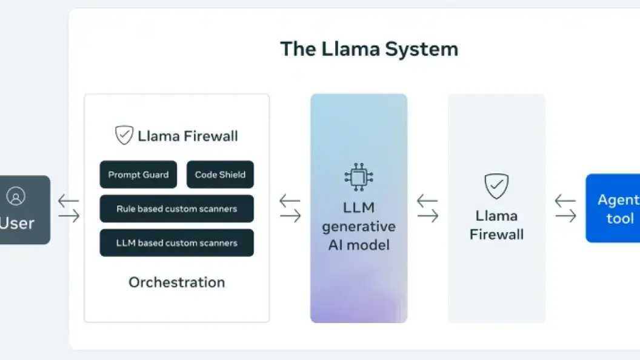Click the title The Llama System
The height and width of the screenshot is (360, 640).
(x=368, y=49)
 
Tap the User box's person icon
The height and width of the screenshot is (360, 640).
(x=16, y=196)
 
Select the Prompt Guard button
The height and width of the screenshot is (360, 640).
(x=138, y=175)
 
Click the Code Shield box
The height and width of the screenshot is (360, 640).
(x=220, y=175)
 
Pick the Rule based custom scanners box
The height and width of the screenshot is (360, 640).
(x=176, y=209)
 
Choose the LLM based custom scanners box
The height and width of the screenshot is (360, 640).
(x=176, y=243)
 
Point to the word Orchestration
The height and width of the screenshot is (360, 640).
(x=176, y=282)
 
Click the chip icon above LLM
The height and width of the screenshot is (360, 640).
(x=358, y=177)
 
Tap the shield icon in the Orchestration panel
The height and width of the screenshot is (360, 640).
(x=124, y=135)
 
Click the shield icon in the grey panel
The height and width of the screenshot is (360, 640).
(x=496, y=187)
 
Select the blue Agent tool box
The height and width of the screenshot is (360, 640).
(x=613, y=208)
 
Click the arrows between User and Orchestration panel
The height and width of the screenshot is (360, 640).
(x=68, y=208)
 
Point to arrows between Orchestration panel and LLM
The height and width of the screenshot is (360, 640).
(x=290, y=208)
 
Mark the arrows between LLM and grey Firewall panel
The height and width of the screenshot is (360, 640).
(x=427, y=208)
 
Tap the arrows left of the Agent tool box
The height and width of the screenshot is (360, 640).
(x=565, y=208)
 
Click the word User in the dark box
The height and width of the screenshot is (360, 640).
(x=17, y=223)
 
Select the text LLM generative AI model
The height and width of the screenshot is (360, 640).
(x=358, y=226)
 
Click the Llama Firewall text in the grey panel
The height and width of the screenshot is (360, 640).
(x=496, y=225)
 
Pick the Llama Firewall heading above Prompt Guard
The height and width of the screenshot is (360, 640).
(x=187, y=136)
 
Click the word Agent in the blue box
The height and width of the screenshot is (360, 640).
(x=618, y=200)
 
